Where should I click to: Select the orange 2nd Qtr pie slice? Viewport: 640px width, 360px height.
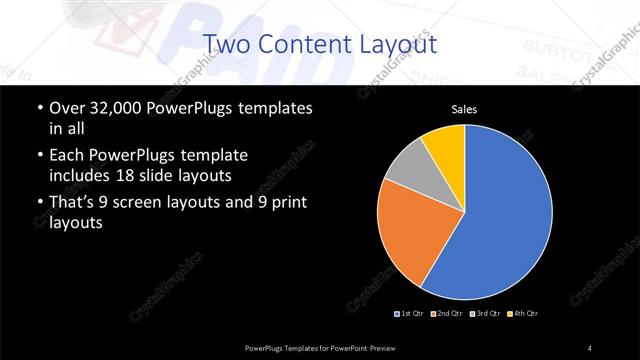[410, 235]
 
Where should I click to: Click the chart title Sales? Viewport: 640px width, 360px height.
[465, 109]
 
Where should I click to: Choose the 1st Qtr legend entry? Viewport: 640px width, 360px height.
[411, 313]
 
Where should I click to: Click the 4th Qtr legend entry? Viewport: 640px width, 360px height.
[523, 313]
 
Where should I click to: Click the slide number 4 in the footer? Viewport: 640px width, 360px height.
[590, 347]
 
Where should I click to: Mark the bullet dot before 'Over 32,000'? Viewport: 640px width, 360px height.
[38, 108]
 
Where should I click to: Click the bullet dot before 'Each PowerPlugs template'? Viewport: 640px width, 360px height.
[38, 157]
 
